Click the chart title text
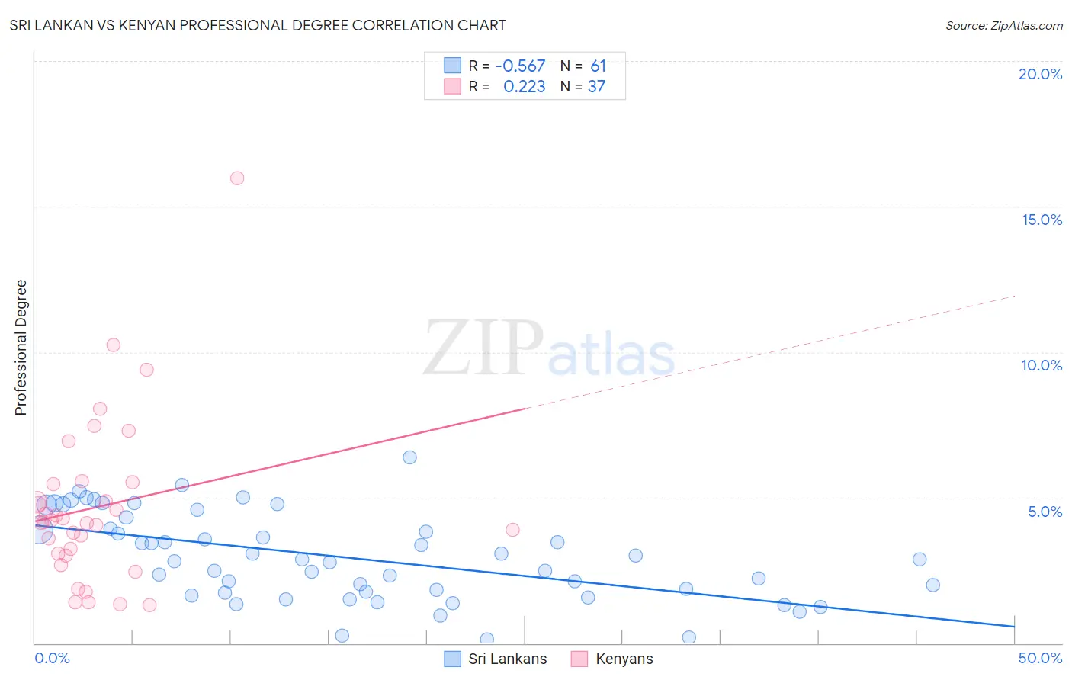[258, 25]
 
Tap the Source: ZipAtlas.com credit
[1003, 25]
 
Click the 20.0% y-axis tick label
[1040, 74]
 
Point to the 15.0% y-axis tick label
[1042, 220]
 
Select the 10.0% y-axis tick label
[1042, 365]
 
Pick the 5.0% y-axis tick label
[1045, 512]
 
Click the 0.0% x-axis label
[52, 658]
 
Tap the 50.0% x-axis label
[1040, 658]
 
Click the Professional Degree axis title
[21, 348]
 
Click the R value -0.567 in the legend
[520, 66]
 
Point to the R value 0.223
[524, 87]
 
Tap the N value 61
[598, 66]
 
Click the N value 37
[596, 87]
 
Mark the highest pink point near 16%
[237, 178]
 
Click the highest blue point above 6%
[409, 457]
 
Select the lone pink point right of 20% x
[512, 530]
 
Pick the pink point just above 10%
[114, 345]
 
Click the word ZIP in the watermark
[483, 348]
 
